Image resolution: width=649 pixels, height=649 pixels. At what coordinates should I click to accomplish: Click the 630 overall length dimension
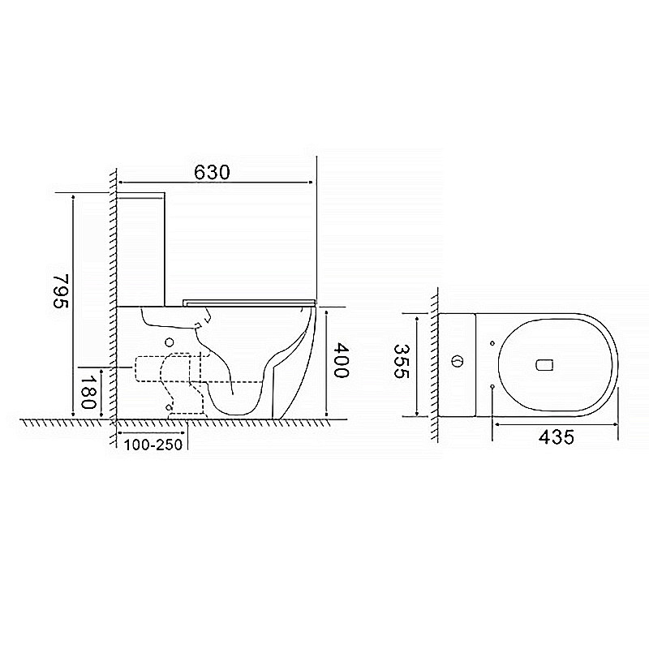pyautogui.click(x=213, y=172)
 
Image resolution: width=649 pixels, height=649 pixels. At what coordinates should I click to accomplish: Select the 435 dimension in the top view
pyautogui.click(x=556, y=437)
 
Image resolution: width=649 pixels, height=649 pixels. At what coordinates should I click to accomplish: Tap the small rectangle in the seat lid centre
pyautogui.click(x=544, y=364)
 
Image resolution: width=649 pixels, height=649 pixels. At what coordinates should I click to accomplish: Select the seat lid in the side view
pyautogui.click(x=247, y=302)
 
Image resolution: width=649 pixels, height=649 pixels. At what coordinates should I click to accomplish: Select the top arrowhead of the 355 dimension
pyautogui.click(x=417, y=317)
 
